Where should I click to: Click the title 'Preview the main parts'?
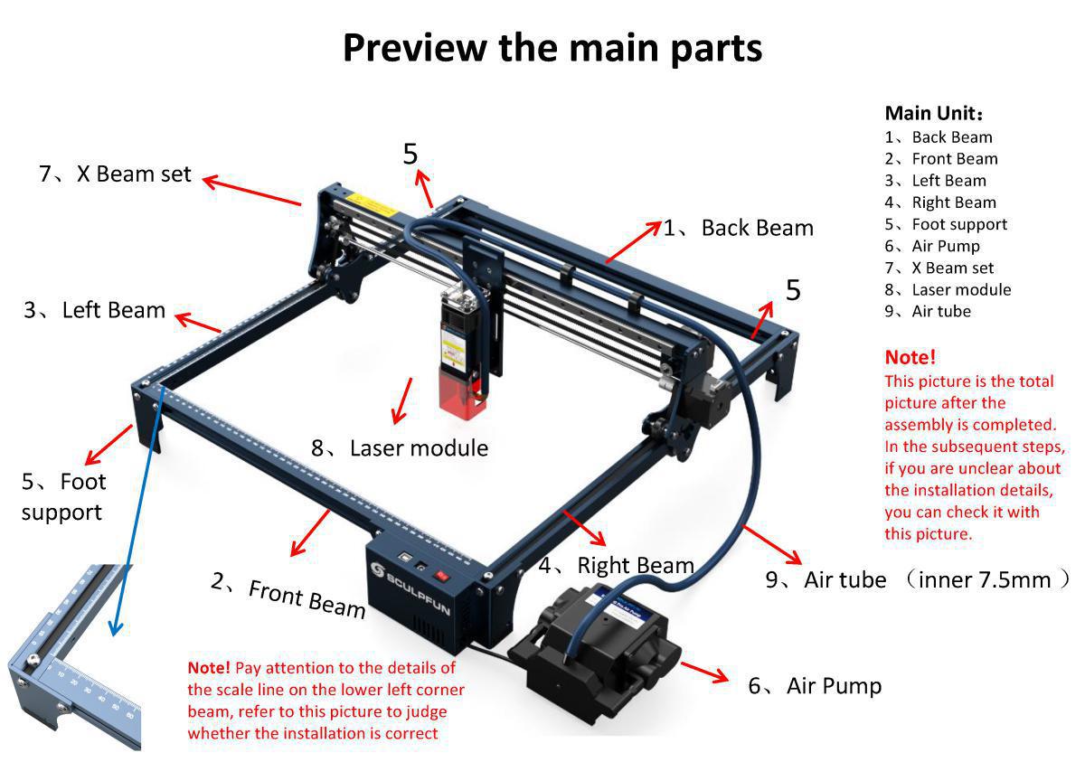[x=552, y=47]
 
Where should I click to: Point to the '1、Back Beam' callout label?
[x=739, y=228]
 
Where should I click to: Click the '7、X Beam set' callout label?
[x=115, y=174]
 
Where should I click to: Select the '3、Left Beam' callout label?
[x=95, y=310]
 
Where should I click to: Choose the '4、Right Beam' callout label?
[x=617, y=566]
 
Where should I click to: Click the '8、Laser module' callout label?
[x=400, y=447]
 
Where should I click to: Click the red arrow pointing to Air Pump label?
[x=703, y=672]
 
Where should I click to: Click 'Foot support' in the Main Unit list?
[x=958, y=224]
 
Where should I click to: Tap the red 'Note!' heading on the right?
[x=910, y=357]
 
